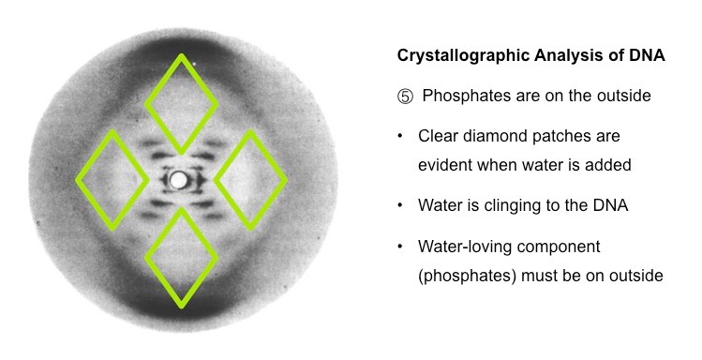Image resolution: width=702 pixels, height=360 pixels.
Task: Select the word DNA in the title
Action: click(647, 56)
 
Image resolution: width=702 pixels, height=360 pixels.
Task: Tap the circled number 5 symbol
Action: click(404, 96)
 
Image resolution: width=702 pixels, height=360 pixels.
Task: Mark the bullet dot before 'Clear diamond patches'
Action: click(401, 136)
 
